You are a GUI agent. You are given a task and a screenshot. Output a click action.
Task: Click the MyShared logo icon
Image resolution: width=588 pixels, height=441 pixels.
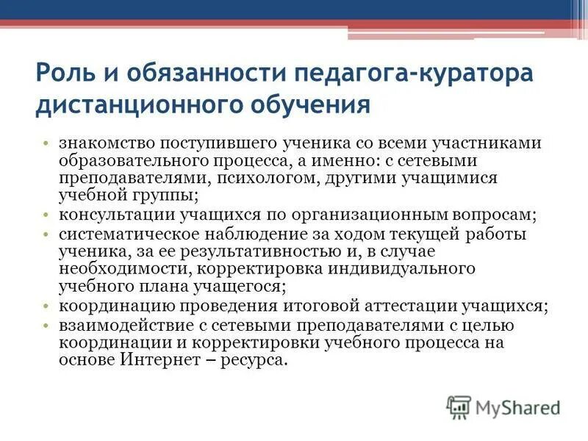[459, 406]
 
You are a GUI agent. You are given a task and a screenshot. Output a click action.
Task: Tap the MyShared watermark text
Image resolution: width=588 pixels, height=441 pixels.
[517, 406]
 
